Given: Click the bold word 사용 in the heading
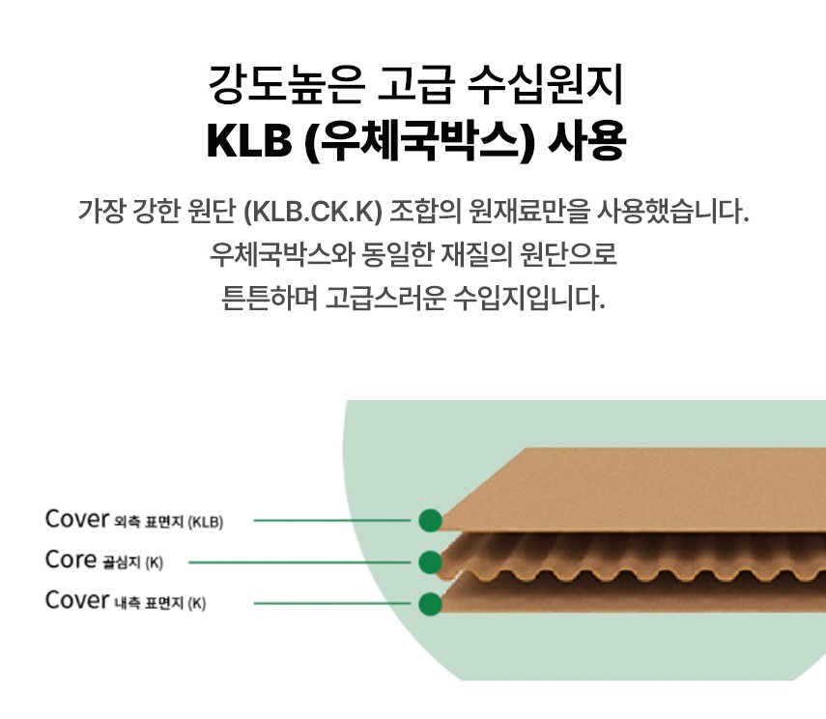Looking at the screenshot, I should [x=586, y=142].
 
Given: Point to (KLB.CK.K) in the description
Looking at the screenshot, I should [x=314, y=211].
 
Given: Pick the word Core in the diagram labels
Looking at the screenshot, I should [x=70, y=561].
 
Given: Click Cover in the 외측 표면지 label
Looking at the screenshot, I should [x=76, y=519].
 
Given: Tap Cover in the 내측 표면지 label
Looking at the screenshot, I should [x=76, y=601].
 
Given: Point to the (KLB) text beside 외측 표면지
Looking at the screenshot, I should [x=205, y=522].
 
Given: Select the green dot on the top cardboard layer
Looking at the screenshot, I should [x=430, y=520].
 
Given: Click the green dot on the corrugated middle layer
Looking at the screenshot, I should [x=430, y=561].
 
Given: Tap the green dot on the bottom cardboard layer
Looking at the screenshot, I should [x=430, y=604].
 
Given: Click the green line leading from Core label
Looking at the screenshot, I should [x=299, y=561].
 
